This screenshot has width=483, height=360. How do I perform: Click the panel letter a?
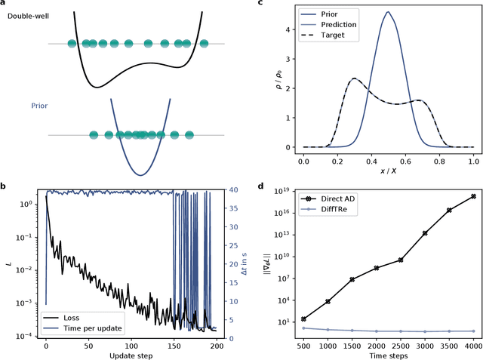click(5, 4)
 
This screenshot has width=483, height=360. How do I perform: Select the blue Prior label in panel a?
click(39, 105)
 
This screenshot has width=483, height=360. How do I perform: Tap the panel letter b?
click(5, 186)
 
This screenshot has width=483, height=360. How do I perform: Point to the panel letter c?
click(260, 4)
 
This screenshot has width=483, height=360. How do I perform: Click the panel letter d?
click(260, 186)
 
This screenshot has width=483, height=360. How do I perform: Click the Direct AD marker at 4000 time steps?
click(473, 196)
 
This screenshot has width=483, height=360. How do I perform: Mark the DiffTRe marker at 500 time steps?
click(303, 328)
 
